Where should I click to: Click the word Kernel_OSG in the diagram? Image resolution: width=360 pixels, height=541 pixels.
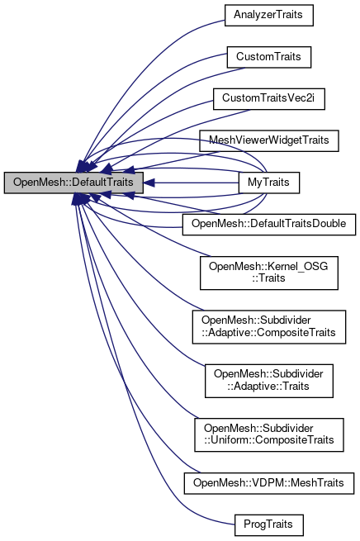(x=290, y=265)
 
